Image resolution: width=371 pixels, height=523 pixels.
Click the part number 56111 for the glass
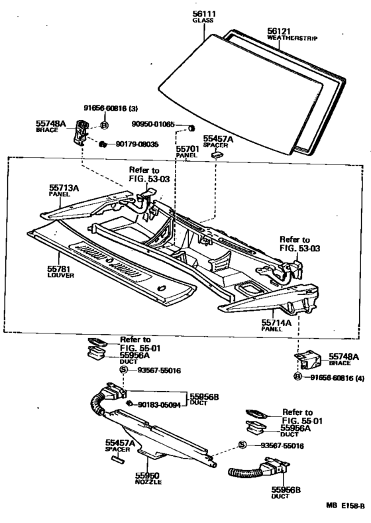coord(204,14)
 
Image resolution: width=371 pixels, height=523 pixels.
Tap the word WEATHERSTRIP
coord(292,38)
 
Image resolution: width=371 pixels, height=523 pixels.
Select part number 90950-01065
coord(152,124)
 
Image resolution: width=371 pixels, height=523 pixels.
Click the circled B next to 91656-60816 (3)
coord(104,125)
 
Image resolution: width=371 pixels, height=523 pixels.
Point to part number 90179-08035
coord(137,145)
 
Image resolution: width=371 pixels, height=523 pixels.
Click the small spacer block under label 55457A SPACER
coord(217,154)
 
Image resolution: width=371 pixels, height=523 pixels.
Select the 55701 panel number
coord(187,149)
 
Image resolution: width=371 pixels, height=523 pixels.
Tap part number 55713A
coord(64,188)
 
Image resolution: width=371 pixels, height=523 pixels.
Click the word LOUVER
coord(61,276)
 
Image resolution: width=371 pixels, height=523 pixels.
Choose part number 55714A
coord(276,323)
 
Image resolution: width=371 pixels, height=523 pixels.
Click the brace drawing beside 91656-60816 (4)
coord(307,359)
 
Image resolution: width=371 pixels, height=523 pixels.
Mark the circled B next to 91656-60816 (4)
coord(297,377)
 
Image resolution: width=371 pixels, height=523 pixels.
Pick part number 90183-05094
coord(159,405)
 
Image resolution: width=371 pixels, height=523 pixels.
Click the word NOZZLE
coord(148,482)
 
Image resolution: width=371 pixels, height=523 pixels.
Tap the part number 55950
coord(147,476)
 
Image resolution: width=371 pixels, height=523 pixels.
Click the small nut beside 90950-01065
coord(191,128)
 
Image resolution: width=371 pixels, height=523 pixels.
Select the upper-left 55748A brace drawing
coord(81,132)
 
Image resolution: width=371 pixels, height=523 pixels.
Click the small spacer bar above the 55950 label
coord(117,459)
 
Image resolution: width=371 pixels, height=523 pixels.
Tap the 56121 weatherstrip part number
coord(279,31)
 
